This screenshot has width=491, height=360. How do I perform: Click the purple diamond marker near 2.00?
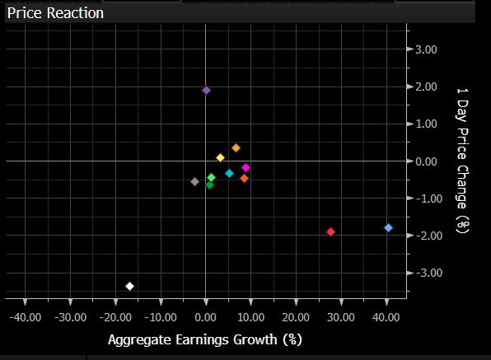[x=206, y=91]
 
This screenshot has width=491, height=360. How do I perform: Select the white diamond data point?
[x=129, y=286]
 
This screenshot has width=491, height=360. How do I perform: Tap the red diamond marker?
[x=330, y=232]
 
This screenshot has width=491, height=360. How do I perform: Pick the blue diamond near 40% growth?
[x=388, y=228]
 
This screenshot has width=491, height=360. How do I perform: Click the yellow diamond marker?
[x=221, y=158]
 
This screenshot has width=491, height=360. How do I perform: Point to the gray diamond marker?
[x=194, y=181]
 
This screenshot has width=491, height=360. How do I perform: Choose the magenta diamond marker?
[x=245, y=168]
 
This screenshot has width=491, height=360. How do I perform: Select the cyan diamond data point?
[x=230, y=174]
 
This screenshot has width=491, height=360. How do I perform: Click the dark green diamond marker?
[x=209, y=185]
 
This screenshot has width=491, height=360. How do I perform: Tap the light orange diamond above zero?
[x=236, y=148]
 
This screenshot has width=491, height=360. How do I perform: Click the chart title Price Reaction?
[x=55, y=13]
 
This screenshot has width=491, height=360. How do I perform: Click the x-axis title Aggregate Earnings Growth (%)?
[x=205, y=340]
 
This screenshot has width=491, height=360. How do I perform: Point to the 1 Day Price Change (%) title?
[x=462, y=161]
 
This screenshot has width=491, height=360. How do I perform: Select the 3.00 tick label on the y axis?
[x=426, y=49]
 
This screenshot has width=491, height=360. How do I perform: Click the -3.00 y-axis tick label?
[x=429, y=273]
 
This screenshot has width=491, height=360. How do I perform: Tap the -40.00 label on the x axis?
[x=26, y=317]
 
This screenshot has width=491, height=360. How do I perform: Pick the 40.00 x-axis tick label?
[x=386, y=317]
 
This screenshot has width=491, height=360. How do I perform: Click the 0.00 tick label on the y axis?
[x=426, y=161]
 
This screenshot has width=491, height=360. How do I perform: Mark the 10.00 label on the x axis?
[x=250, y=317]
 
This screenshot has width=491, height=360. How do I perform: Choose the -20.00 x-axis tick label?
[x=115, y=317]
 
